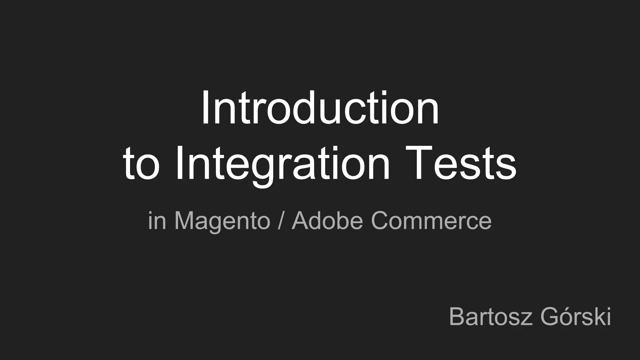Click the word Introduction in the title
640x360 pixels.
coord(320,108)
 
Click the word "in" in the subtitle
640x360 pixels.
coord(157,221)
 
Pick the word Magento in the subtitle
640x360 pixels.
coord(222,221)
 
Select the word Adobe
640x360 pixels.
coord(327,220)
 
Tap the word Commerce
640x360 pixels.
coord(431,220)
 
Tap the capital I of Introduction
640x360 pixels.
coord(205,108)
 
